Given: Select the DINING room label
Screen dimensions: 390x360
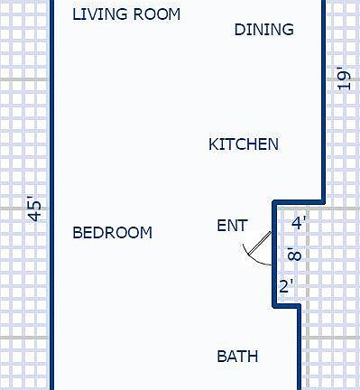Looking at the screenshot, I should [263, 30].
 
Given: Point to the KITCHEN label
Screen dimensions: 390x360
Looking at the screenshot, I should [244, 144].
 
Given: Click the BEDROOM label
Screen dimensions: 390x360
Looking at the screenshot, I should [112, 233].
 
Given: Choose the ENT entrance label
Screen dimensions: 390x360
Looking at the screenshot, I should [232, 226].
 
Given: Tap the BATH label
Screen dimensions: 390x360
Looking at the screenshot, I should [237, 357].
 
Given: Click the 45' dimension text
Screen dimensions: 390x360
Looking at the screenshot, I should [35, 209].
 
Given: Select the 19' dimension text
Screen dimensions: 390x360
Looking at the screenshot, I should [343, 79].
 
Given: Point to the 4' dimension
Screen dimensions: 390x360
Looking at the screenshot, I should [299, 223].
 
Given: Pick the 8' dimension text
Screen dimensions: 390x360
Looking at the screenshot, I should [293, 255].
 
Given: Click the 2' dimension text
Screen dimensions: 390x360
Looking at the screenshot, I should [286, 287].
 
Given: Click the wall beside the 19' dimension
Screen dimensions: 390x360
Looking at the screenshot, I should [323, 99].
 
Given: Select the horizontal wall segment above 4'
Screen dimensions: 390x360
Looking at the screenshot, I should [299, 201].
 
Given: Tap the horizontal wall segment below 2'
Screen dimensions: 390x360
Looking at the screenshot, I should [286, 307].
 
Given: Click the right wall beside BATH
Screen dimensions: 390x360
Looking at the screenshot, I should [299, 352].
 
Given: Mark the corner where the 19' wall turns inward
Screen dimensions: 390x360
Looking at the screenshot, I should [323, 200].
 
